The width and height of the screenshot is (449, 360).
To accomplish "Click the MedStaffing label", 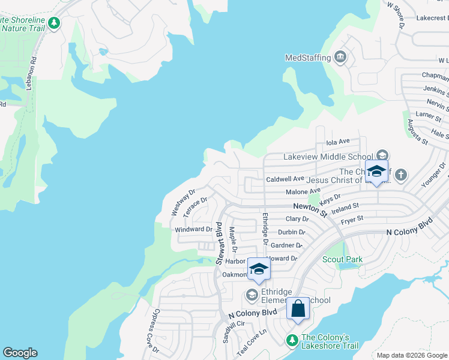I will point(307,58).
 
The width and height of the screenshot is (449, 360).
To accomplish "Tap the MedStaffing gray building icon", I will point(340,58).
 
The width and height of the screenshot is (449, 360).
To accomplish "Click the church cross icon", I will point(400,175).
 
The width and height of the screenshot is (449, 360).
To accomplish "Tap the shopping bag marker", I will point(298,310).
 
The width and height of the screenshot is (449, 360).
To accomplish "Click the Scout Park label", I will point(343,259).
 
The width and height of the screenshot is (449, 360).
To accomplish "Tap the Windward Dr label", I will point(193,229).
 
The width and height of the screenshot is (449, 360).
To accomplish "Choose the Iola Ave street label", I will point(337,142).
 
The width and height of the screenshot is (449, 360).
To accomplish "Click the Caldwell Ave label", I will point(285,179).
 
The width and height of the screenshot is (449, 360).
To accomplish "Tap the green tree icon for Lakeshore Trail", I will point(292,340).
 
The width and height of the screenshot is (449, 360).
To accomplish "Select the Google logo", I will point(20,353).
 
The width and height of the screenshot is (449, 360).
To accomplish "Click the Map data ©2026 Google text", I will point(412,355).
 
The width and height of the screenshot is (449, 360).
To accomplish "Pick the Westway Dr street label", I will point(183,203).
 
